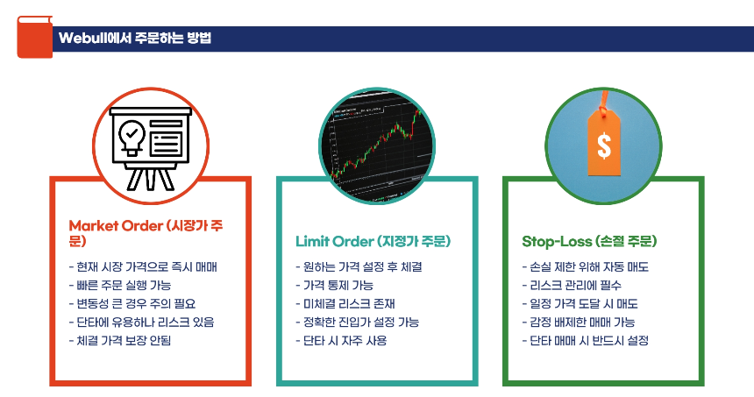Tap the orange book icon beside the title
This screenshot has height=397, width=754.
tap(34, 36)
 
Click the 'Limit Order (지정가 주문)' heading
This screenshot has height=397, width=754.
tap(378, 240)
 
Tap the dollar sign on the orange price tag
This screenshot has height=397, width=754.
tap(604, 143)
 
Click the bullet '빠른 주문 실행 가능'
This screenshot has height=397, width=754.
tap(123, 285)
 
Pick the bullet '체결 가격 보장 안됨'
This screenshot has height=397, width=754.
tap(123, 340)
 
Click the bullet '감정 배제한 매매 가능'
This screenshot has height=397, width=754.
tap(581, 322)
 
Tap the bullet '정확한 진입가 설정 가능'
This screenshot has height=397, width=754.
tap(360, 322)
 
